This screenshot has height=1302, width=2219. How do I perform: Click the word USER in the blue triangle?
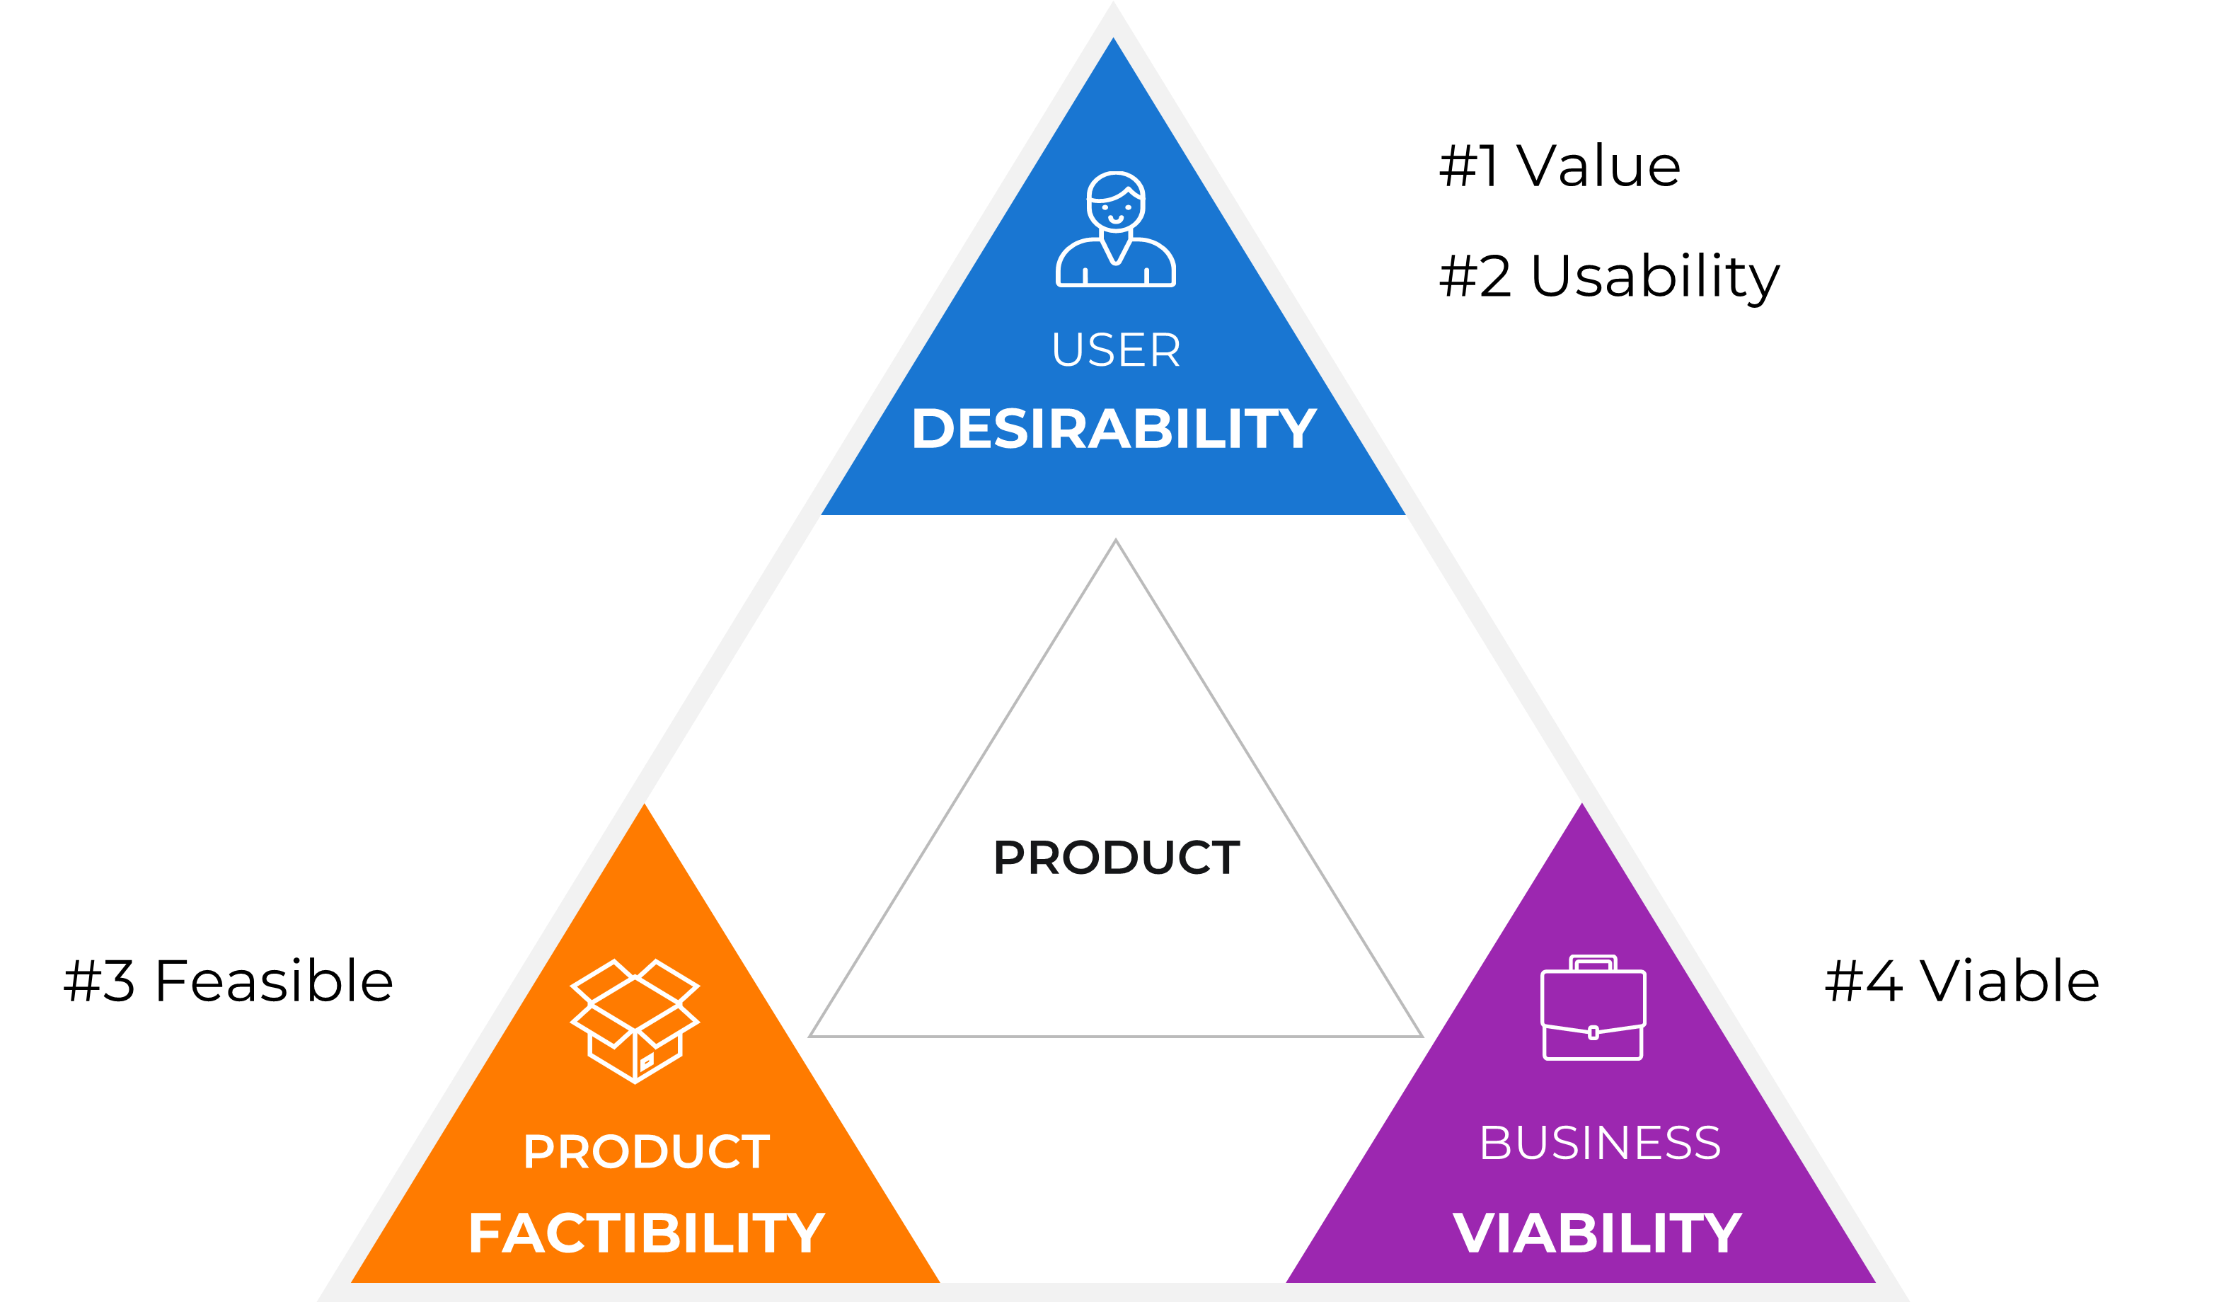tap(1116, 350)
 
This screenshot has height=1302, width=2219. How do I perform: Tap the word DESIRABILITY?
tap(1114, 429)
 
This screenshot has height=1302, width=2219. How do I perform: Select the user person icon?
tap(1116, 229)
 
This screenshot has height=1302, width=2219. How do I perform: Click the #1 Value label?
tap(1560, 166)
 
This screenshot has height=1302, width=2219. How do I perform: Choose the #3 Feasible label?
tap(228, 981)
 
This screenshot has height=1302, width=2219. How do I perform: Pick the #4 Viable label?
tap(1962, 981)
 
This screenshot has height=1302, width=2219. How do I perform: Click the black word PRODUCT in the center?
tap(1117, 858)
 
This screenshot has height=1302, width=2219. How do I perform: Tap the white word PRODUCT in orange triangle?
tap(646, 1151)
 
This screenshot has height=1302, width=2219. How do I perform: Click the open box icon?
tap(635, 1021)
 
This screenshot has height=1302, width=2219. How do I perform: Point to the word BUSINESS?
tap(1600, 1143)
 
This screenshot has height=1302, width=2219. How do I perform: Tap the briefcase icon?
tap(1593, 1008)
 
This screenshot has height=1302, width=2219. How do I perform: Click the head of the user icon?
tap(1116, 202)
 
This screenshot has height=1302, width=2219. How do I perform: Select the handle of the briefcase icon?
tap(1593, 963)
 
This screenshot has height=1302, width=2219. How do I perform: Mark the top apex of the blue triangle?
tap(1113, 37)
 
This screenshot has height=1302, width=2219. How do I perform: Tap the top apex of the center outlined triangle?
tap(1116, 540)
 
